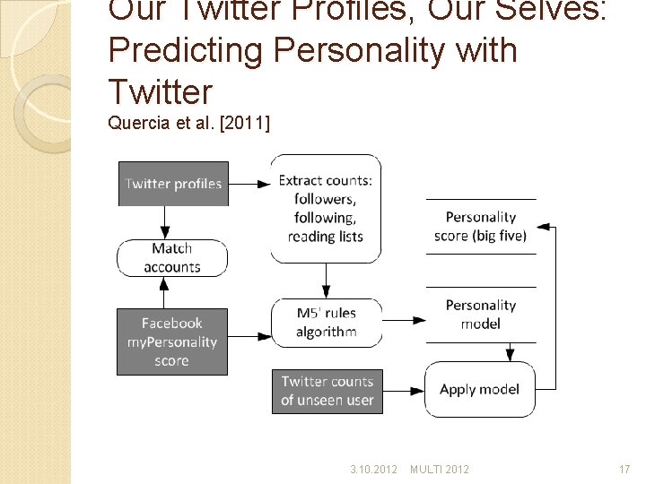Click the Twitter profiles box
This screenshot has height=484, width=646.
tap(173, 184)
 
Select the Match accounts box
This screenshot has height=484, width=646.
tap(171, 257)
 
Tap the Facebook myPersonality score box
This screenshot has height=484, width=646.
tap(171, 341)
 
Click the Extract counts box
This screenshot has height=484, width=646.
tap(326, 208)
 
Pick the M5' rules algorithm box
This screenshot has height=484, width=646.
tap(326, 323)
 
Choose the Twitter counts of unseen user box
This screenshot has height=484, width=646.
tap(327, 391)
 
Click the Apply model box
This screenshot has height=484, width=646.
tap(479, 389)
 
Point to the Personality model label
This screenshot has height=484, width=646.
tap(481, 314)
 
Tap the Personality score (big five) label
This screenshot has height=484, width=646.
tap(481, 226)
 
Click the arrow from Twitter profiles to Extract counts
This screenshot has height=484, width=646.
tap(249, 184)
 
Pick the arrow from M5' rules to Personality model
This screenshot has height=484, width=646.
tap(404, 319)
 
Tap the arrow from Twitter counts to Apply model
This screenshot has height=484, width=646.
tap(404, 391)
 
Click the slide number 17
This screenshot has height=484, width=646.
tap(624, 469)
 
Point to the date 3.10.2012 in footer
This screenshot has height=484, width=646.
tap(373, 469)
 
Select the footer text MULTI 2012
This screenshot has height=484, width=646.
tap(439, 469)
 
